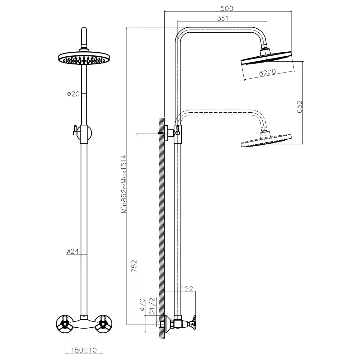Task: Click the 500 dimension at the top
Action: (227, 8)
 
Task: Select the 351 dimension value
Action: (222, 18)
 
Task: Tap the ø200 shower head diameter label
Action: (268, 72)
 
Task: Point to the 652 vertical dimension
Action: (300, 107)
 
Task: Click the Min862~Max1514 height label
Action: (124, 184)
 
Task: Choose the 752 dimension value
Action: (134, 266)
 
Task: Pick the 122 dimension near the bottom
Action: (187, 289)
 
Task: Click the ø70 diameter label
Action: (142, 304)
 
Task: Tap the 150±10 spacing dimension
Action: (84, 350)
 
